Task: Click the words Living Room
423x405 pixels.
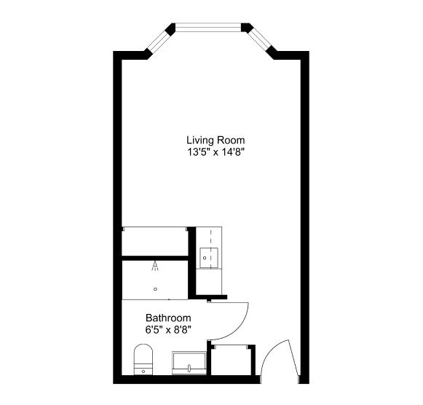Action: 216,141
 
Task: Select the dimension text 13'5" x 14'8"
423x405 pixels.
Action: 216,152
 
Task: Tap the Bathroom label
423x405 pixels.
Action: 168,318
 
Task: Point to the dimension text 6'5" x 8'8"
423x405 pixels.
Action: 168,330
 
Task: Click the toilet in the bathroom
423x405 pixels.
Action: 143,359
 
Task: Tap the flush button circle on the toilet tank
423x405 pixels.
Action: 143,371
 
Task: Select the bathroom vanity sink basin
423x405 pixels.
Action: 189,363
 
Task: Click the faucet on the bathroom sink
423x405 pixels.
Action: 189,368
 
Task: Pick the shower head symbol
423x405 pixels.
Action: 155,266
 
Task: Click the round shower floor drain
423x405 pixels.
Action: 155,289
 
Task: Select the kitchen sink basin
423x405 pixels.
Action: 209,258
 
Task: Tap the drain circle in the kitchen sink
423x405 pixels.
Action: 205,258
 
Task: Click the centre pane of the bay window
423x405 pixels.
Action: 208,27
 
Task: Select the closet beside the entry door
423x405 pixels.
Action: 233,360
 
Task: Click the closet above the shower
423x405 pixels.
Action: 155,241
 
